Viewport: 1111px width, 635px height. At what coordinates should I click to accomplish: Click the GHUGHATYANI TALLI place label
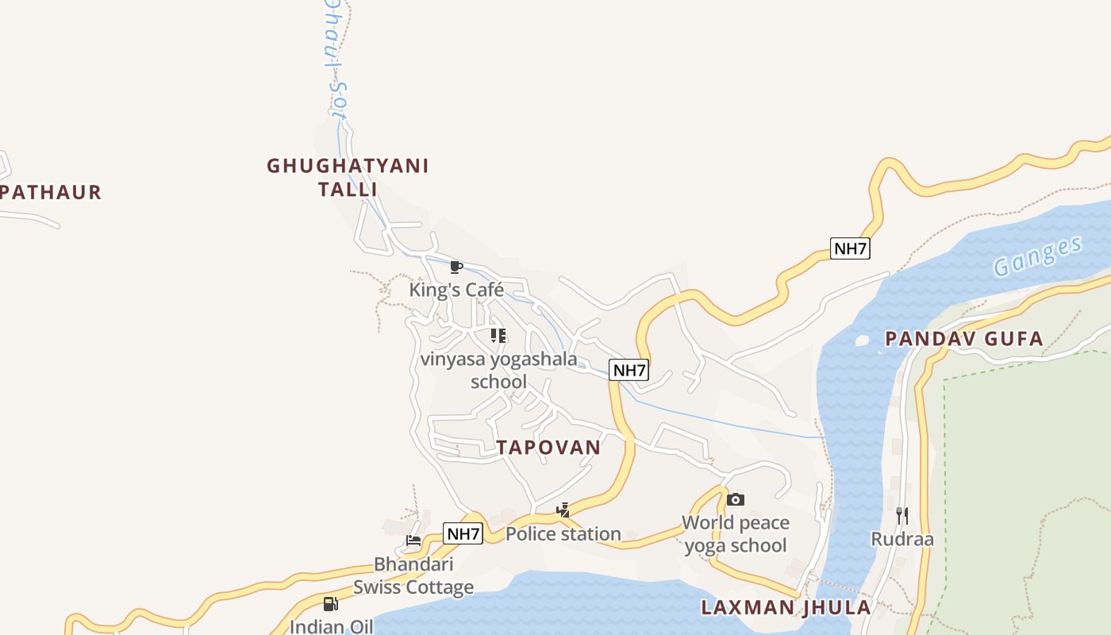point(348,177)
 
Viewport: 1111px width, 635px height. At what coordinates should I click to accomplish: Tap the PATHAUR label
point(51,192)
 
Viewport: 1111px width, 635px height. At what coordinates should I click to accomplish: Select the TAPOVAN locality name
point(549,447)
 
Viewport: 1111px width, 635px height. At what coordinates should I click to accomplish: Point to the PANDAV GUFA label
point(963,339)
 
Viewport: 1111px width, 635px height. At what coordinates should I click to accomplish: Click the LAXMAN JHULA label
point(786,608)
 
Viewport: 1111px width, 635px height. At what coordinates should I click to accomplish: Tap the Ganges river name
point(1038,256)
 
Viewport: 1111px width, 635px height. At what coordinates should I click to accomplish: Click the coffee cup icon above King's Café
point(456,267)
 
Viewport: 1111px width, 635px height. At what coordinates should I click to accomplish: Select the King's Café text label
point(456,290)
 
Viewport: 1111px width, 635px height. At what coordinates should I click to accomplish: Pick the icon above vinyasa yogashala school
point(498,336)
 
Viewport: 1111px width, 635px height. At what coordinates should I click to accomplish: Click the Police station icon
point(563,510)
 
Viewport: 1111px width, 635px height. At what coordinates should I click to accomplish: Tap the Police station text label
point(563,533)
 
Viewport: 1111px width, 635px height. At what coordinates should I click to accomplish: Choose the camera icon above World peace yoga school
point(736,499)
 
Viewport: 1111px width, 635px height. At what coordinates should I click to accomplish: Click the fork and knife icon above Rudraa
point(902,516)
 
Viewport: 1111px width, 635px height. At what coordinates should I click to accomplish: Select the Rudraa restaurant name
point(902,540)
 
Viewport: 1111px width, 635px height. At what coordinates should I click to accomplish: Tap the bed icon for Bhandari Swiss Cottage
point(413,541)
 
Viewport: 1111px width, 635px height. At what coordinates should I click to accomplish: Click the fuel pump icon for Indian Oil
point(331,604)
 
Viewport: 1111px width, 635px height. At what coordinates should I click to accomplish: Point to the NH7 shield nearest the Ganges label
point(850,248)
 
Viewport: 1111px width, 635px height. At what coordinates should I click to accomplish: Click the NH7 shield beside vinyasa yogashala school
point(629,370)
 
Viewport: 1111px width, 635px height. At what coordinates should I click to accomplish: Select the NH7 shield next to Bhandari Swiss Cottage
point(463,533)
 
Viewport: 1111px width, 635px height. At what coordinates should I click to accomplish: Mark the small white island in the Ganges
point(862,341)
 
